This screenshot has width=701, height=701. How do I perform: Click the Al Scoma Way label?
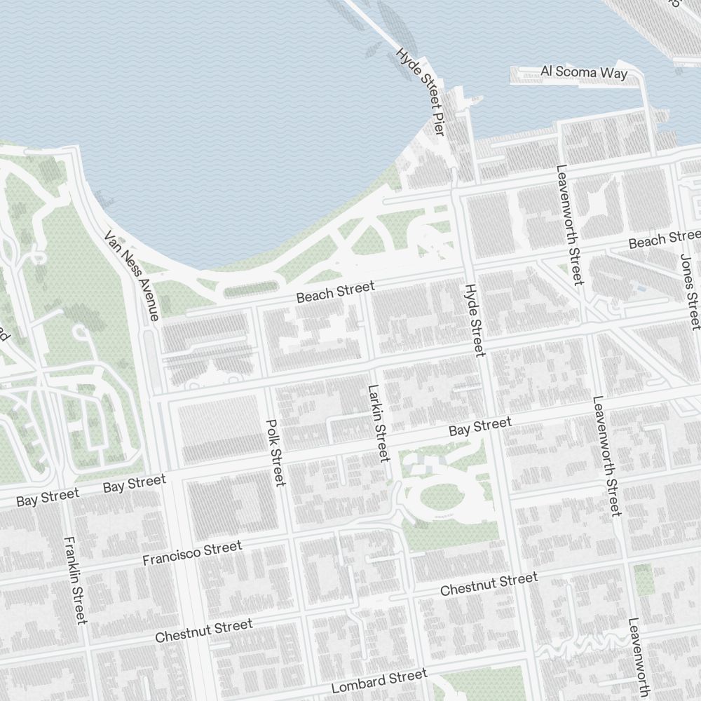point(584,72)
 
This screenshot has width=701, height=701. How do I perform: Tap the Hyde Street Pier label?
point(421,91)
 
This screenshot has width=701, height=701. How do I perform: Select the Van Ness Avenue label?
point(132,275)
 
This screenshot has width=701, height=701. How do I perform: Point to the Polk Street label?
point(275,452)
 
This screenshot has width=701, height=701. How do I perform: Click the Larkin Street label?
point(379,423)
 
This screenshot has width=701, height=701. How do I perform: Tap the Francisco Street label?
point(192,552)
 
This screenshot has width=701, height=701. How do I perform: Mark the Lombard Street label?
point(379,681)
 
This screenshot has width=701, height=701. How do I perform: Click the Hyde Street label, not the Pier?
point(475,320)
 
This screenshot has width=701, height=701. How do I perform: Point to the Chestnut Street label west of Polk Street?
point(204,630)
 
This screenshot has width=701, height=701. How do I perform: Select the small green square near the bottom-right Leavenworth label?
point(643,580)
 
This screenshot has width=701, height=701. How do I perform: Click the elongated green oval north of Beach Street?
point(250,290)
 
